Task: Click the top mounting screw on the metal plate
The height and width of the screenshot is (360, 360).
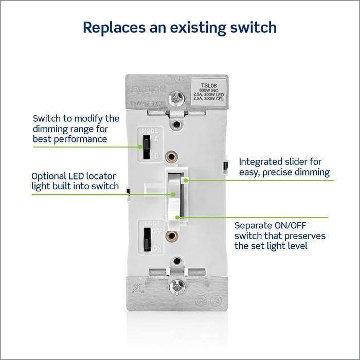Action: coord(176,96)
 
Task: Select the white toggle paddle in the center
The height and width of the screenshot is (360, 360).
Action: coord(176,195)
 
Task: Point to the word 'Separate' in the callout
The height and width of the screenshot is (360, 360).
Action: coord(251,225)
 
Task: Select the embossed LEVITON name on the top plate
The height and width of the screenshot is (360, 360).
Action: coord(150,89)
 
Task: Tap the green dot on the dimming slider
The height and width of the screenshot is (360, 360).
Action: coord(189,180)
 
